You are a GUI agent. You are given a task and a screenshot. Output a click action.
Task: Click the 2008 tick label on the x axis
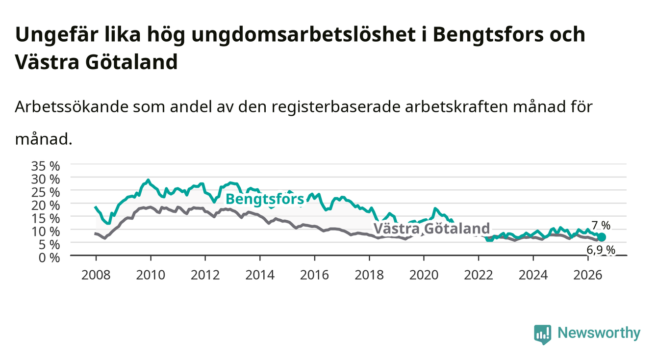pyautogui.click(x=96, y=275)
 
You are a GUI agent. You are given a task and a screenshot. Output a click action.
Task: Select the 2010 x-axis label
pyautogui.click(x=151, y=275)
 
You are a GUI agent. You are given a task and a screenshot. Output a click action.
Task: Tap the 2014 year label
pyautogui.click(x=260, y=275)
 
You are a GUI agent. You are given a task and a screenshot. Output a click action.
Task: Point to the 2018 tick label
pyautogui.click(x=369, y=275)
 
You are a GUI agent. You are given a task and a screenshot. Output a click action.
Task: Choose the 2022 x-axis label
pyautogui.click(x=479, y=275)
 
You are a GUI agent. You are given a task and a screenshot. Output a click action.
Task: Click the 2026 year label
pyautogui.click(x=587, y=275)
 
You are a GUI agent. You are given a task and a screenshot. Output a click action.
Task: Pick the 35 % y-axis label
pyautogui.click(x=46, y=166)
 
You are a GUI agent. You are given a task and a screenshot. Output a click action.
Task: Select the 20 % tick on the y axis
pyautogui.click(x=46, y=206)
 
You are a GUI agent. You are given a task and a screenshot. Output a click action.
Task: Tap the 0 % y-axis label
pyautogui.click(x=49, y=258)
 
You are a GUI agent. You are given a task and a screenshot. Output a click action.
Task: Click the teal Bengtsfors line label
pyautogui.click(x=265, y=199)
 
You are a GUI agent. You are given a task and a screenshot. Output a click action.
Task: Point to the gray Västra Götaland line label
pyautogui.click(x=431, y=228)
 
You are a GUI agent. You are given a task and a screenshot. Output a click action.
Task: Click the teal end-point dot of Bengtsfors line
pyautogui.click(x=601, y=237)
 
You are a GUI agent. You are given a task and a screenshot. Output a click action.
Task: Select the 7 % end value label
pyautogui.click(x=601, y=226)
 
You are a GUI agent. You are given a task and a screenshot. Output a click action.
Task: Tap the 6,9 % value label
pyautogui.click(x=601, y=250)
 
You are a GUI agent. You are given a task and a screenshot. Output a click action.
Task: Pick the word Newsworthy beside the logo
pyautogui.click(x=599, y=333)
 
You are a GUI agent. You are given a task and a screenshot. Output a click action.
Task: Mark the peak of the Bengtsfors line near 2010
pyautogui.click(x=148, y=180)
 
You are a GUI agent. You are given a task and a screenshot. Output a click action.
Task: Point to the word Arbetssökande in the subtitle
pyautogui.click(x=72, y=106)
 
